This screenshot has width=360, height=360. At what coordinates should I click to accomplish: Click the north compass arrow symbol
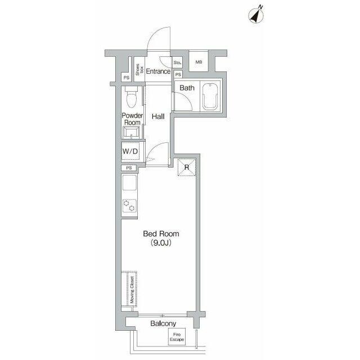[x=256, y=15]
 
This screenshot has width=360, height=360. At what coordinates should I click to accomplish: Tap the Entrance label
[x=158, y=71]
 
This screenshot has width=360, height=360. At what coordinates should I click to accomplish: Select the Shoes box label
[x=139, y=70]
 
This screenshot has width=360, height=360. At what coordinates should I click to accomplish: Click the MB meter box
[x=199, y=61]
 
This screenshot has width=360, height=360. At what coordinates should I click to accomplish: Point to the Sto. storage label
[x=178, y=62]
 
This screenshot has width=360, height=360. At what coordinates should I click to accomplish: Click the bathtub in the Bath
[x=210, y=96]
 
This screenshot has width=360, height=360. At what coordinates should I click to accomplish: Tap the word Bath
[x=187, y=88]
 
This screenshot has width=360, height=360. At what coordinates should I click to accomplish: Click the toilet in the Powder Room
[x=132, y=97]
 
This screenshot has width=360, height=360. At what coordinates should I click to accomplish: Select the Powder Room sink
[x=131, y=133]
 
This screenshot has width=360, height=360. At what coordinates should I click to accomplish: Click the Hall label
[x=158, y=116]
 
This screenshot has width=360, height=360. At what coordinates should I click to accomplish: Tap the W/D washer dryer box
[x=130, y=151]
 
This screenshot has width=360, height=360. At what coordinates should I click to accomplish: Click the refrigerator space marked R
[x=187, y=167]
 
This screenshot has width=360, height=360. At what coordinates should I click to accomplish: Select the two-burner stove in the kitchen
[x=129, y=205]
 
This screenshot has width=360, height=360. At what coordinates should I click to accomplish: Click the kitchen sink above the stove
[x=129, y=183]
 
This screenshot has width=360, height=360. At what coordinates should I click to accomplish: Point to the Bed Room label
[x=161, y=234]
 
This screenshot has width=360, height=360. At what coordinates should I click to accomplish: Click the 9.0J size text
[x=161, y=243]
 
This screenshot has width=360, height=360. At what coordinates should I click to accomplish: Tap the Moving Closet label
[x=132, y=290]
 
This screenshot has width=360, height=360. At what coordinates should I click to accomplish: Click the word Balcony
[x=163, y=323]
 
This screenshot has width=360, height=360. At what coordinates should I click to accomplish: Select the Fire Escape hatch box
[x=177, y=336]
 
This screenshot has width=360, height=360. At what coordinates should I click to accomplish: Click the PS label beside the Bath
[x=178, y=75]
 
